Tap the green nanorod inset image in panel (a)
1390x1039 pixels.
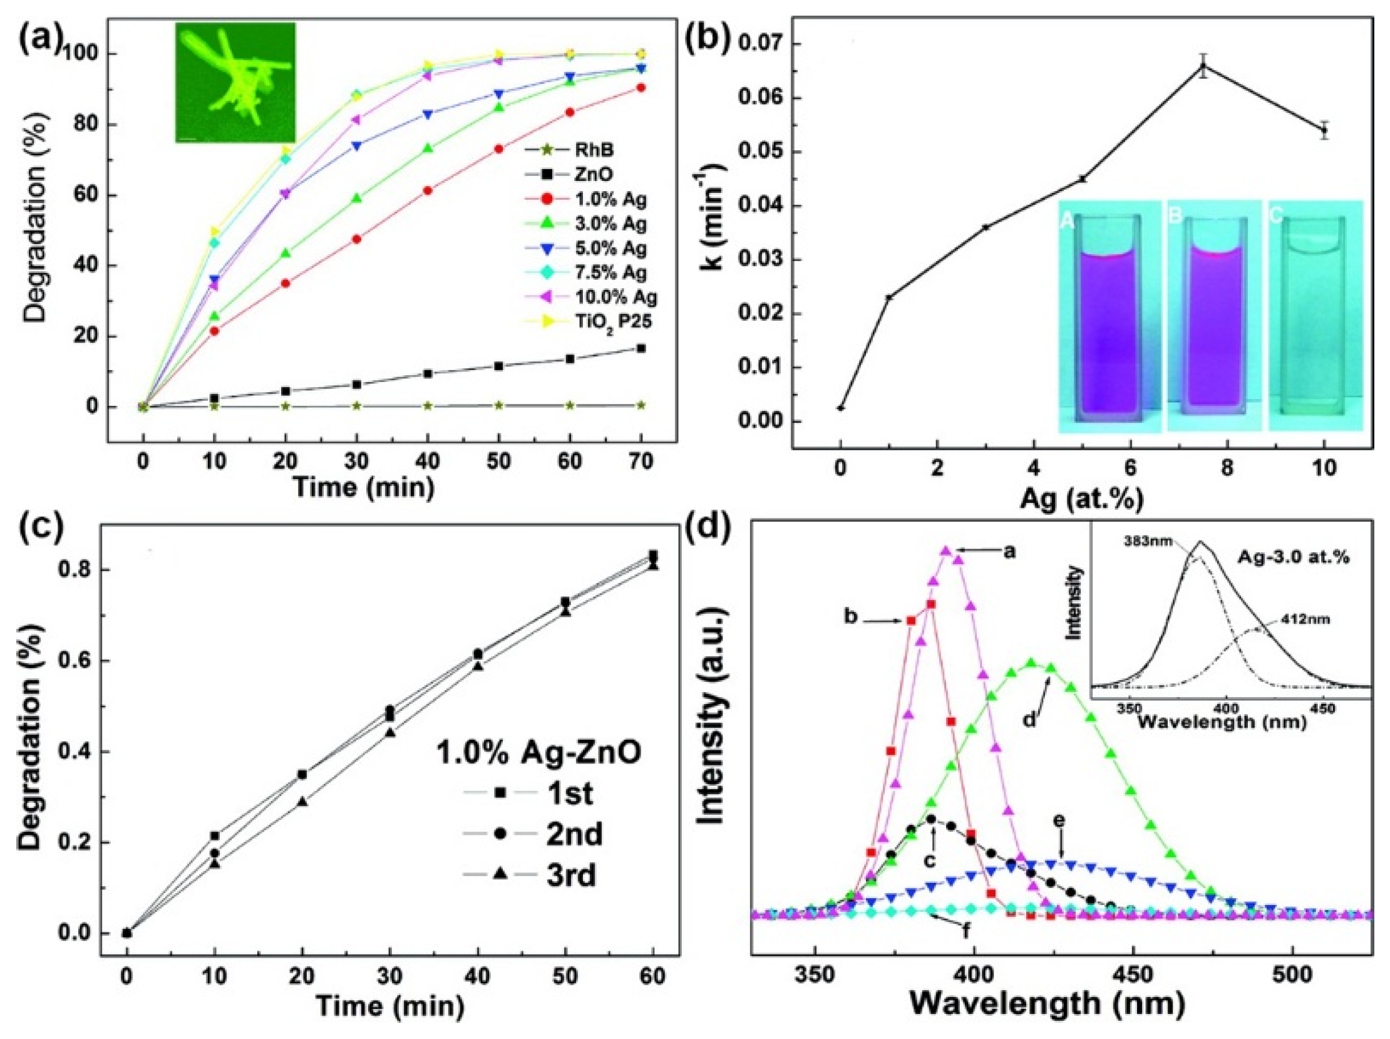click(x=235, y=82)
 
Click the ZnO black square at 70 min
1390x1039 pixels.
click(x=641, y=348)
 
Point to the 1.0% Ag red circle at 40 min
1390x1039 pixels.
click(x=428, y=190)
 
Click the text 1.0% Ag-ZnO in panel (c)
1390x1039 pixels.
click(x=539, y=753)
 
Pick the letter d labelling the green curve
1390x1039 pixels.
click(x=1029, y=718)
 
